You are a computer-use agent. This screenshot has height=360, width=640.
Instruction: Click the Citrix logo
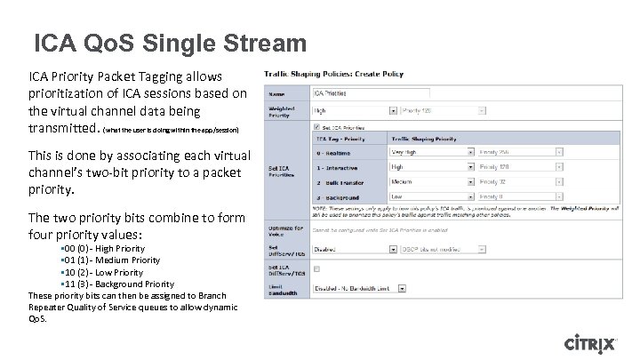(599, 343)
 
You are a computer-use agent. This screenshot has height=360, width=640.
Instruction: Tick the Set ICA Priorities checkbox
(314, 127)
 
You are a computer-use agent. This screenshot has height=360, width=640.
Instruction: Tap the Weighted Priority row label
(282, 111)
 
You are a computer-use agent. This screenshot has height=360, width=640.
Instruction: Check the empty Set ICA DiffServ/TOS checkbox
(314, 268)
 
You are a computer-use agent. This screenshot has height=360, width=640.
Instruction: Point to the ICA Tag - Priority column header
(343, 139)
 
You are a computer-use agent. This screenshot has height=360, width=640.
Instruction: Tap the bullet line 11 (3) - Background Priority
(112, 284)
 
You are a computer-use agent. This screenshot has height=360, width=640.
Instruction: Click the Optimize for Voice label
(282, 230)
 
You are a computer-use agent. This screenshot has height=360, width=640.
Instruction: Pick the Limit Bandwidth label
(282, 288)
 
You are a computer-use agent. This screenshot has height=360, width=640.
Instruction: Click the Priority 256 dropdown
(521, 151)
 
